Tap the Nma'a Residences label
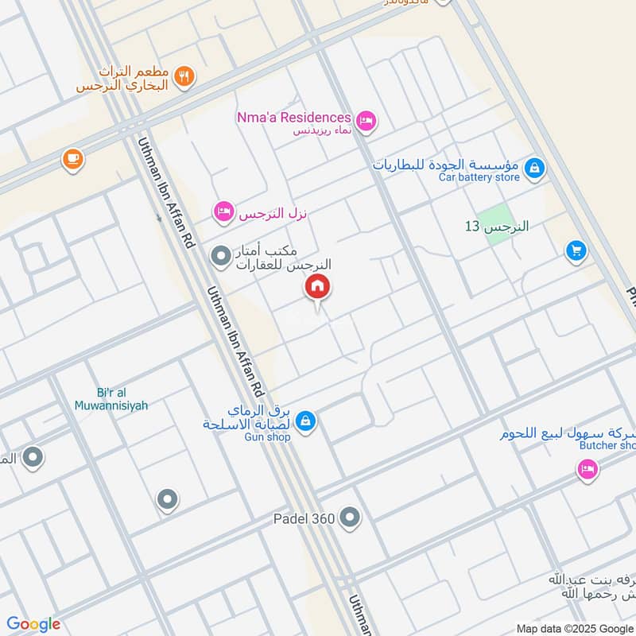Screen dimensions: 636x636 point(293,118)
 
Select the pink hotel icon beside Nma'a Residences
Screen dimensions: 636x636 point(366,121)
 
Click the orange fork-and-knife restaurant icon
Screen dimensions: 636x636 point(184,76)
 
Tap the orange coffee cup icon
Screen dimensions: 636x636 point(72,159)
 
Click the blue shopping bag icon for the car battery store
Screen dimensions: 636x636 point(536,167)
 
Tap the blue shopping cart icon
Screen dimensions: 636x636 point(576,251)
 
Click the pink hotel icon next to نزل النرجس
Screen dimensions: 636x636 point(223,211)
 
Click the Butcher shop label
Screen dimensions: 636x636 point(607,445)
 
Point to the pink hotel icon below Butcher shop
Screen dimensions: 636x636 point(587,471)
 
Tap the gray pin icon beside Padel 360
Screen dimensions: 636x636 point(350,519)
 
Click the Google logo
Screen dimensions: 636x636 point(33,624)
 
